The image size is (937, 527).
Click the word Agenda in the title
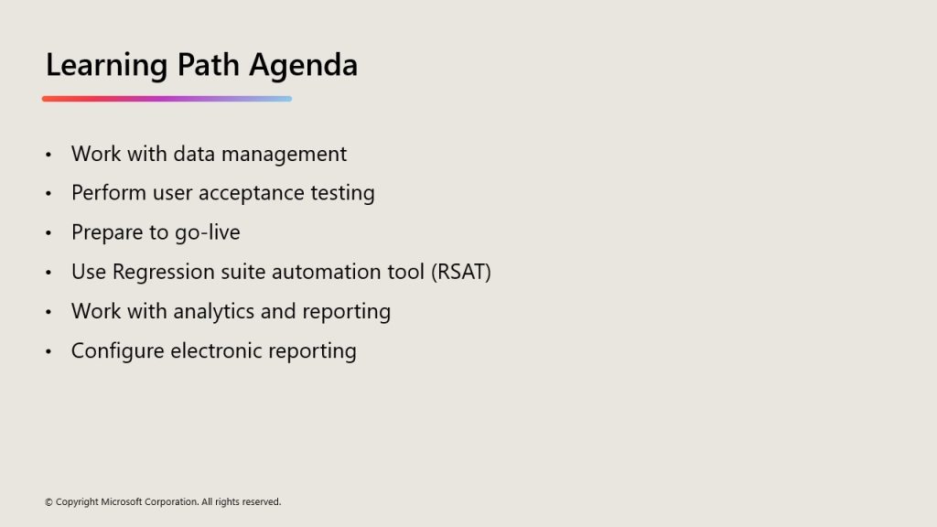click(303, 66)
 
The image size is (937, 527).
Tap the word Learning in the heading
click(106, 66)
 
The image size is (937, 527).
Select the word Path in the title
click(208, 65)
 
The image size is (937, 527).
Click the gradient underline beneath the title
click(167, 99)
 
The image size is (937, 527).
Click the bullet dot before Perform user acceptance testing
click(48, 193)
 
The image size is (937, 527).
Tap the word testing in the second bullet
click(342, 194)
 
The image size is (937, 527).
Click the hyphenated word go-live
click(208, 232)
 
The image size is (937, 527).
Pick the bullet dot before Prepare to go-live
click(48, 232)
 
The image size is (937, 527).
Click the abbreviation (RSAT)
click(461, 272)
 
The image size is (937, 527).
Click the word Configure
click(118, 351)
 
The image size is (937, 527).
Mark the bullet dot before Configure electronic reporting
click(48, 350)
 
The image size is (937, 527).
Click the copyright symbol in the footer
click(48, 502)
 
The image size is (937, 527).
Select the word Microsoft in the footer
click(122, 502)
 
